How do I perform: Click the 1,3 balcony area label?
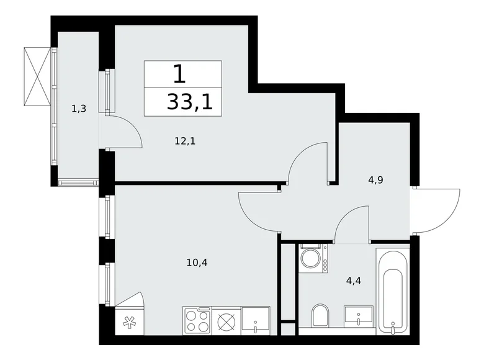click(78, 109)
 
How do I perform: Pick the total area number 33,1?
click(189, 102)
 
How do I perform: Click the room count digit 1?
click(179, 74)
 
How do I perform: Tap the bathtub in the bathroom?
click(393, 289)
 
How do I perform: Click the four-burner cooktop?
click(198, 320)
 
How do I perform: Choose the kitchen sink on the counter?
click(256, 320)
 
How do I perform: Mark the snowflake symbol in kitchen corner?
click(129, 322)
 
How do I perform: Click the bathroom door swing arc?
click(352, 225)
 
